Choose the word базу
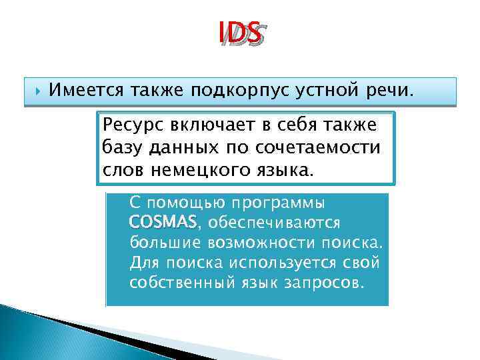click(x=125, y=147)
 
